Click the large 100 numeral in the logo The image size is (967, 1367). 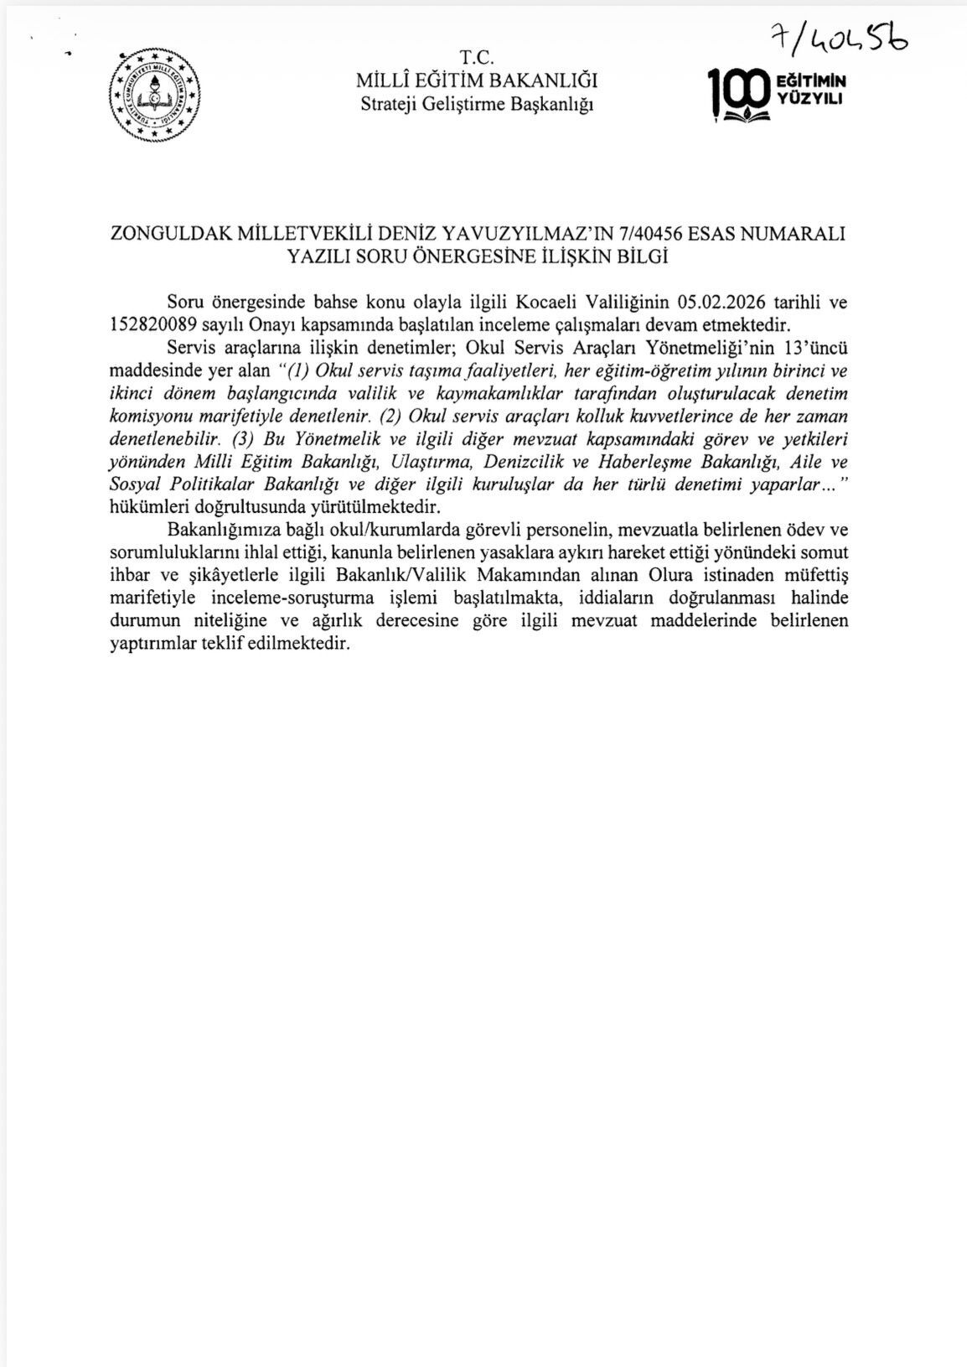(x=737, y=91)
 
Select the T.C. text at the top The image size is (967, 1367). (x=478, y=58)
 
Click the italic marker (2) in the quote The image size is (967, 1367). (x=390, y=416)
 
